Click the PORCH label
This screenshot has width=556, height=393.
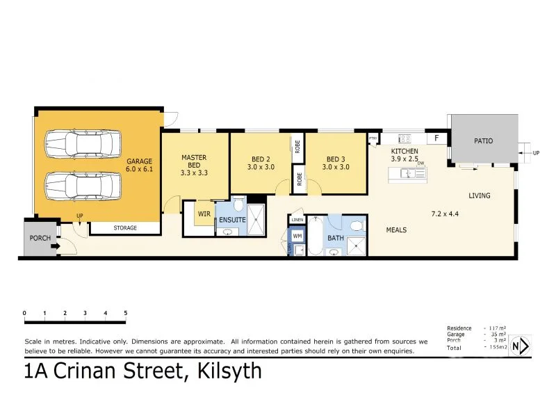click(39, 238)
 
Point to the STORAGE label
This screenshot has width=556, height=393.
click(125, 228)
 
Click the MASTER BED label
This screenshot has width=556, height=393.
click(194, 165)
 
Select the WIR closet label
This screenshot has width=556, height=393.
click(204, 214)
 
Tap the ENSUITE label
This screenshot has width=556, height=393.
click(232, 220)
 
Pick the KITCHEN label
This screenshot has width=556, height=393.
click(404, 151)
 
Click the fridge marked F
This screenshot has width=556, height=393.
click(436, 138)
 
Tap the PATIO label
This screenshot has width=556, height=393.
click(484, 141)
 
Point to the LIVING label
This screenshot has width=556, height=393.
click(479, 195)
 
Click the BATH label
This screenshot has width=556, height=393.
click(336, 238)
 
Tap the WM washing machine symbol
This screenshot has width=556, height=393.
click(297, 236)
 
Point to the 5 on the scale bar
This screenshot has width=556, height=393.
click(125, 313)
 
